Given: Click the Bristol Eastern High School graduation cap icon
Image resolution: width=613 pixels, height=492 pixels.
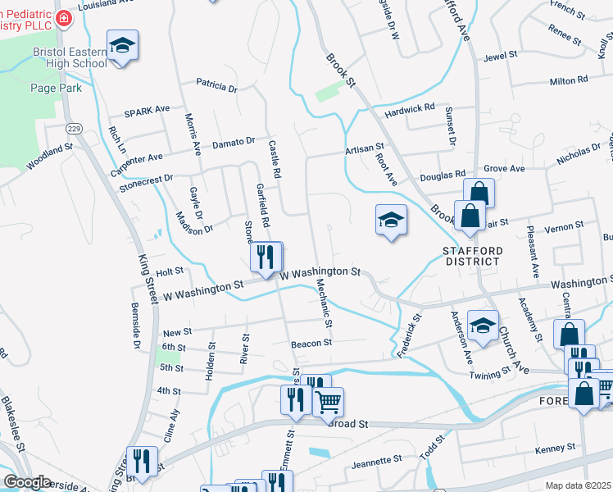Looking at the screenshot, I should [x=122, y=45].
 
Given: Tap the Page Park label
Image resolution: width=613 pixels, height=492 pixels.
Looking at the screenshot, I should [x=55, y=87].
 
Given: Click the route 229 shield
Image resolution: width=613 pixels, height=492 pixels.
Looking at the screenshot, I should [x=74, y=129].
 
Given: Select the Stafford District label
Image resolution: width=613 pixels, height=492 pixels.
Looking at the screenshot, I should [x=471, y=255].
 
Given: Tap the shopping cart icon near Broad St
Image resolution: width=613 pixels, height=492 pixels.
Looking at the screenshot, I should [x=328, y=401].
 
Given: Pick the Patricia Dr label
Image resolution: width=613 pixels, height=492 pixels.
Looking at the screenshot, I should [x=216, y=85].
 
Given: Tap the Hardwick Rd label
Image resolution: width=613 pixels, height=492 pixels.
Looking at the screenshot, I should [x=410, y=108].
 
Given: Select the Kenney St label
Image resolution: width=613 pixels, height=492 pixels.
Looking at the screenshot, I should [x=555, y=449].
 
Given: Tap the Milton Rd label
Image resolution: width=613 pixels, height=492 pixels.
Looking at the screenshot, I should [x=569, y=80].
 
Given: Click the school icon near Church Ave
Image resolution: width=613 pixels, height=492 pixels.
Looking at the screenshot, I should [x=483, y=325].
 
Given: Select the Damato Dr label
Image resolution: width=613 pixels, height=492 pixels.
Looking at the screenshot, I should [x=234, y=143].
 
